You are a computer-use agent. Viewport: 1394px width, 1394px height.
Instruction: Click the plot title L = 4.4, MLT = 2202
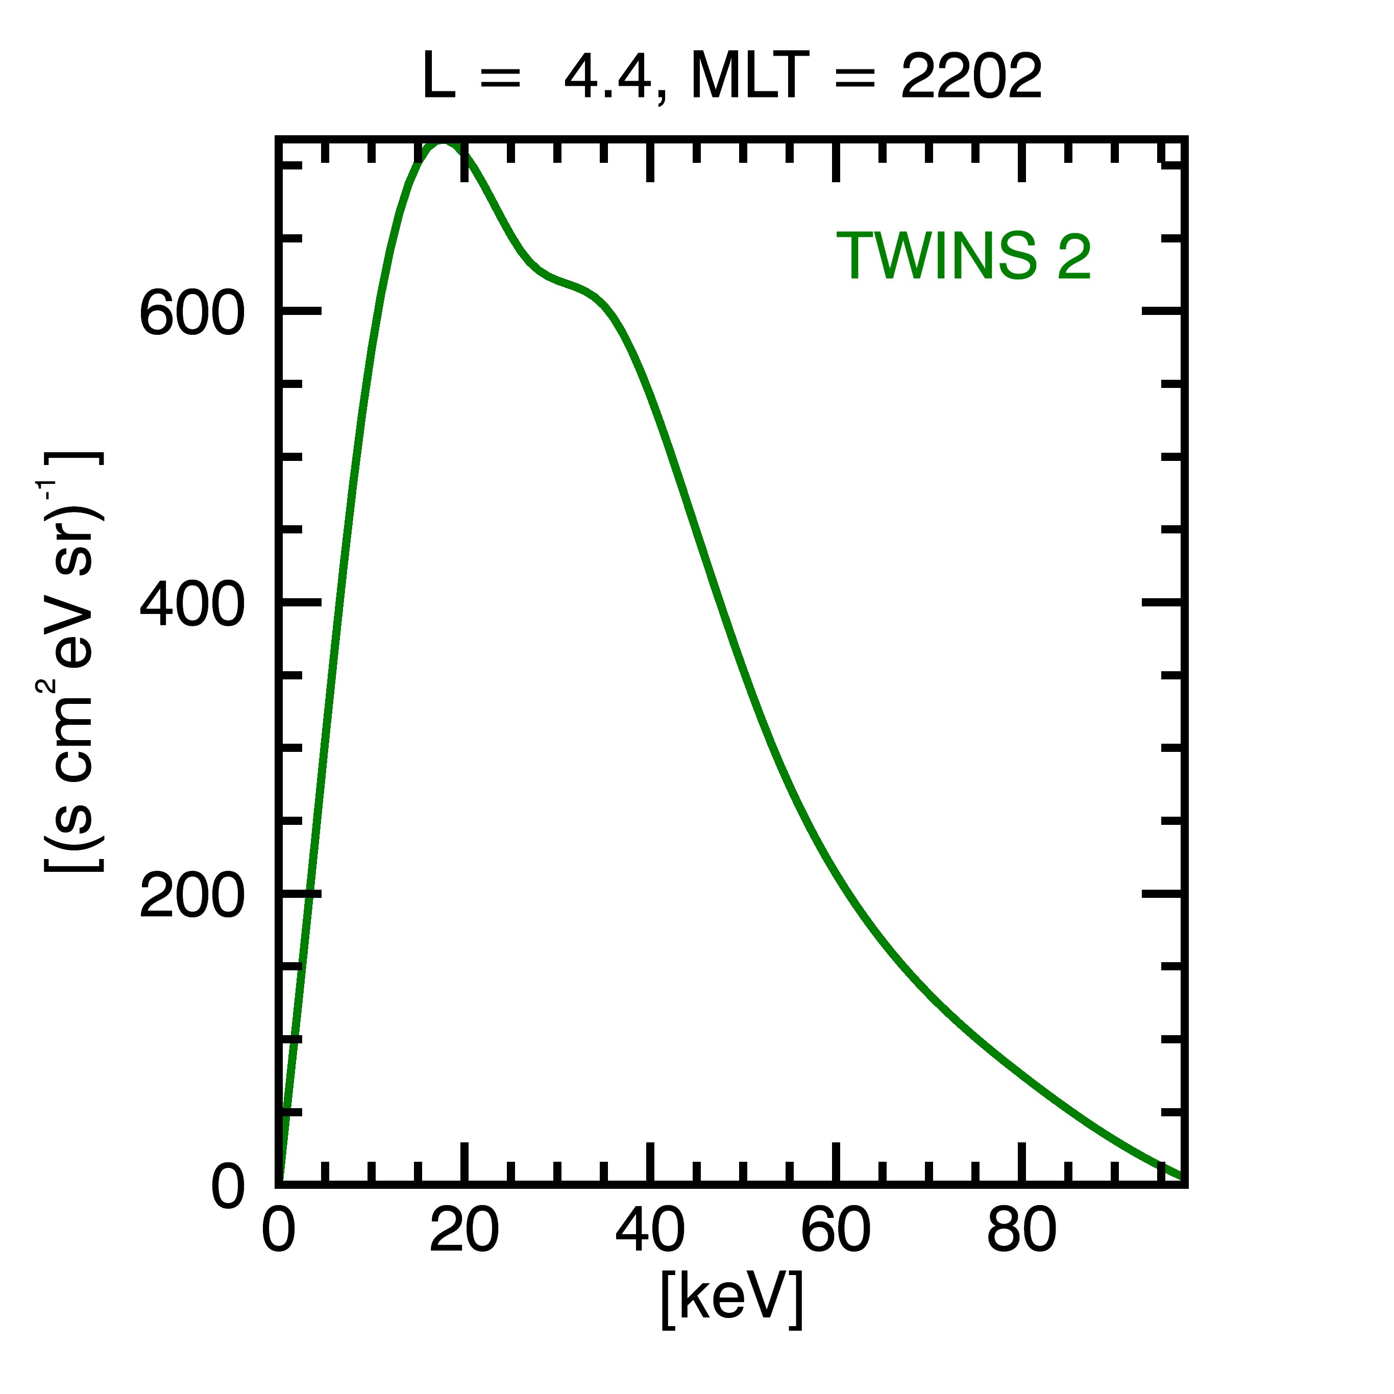pyautogui.click(x=731, y=77)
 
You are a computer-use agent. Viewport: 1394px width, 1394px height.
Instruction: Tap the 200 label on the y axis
pyautogui.click(x=192, y=897)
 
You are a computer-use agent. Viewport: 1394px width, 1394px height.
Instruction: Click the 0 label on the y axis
pyautogui.click(x=228, y=1188)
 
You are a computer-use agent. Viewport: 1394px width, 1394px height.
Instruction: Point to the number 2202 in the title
pyautogui.click(x=971, y=77)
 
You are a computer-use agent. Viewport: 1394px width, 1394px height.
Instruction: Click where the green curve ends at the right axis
pyautogui.click(x=1181, y=1176)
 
